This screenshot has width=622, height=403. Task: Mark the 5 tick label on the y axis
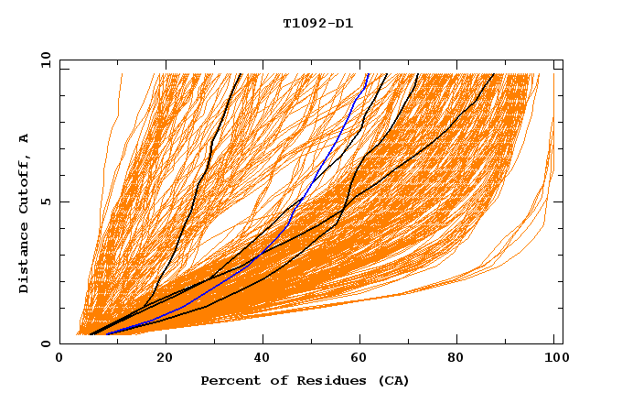[44, 201]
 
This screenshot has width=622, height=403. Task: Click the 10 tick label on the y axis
[40, 60]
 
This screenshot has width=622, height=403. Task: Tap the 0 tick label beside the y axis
[44, 343]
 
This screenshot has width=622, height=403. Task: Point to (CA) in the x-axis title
[391, 380]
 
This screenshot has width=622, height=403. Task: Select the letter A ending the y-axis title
[24, 137]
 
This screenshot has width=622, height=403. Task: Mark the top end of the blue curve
[368, 74]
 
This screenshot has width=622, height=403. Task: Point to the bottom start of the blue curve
[107, 333]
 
